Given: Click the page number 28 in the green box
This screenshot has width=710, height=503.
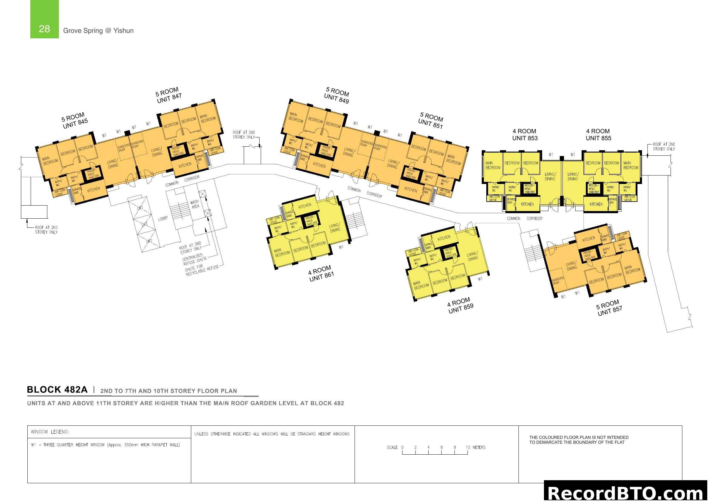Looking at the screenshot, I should point(44,29).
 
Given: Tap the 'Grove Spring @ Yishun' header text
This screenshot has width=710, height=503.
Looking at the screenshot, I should point(98,31).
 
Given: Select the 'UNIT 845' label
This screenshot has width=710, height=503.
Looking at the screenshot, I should point(76,123).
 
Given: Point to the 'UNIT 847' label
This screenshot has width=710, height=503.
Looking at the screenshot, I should point(169,99).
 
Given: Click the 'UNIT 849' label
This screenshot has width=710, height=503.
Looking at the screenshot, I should point(336,99).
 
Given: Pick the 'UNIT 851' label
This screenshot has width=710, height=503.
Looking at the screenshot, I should point(430,123).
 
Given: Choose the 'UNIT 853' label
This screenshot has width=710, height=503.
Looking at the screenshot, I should point(525,138).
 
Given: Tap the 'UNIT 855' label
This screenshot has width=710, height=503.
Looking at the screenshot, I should point(598,138).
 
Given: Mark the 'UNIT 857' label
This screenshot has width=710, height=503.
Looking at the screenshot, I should point(610,311).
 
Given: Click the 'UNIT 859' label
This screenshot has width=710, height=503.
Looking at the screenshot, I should point(461,308).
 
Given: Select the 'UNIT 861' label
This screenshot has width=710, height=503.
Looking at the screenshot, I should point(321,276).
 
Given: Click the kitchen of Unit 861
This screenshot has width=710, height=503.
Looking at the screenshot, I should point(304,206).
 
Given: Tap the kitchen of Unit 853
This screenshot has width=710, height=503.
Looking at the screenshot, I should point(527,204).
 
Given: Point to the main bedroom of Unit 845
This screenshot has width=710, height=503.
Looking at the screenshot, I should point(50,161).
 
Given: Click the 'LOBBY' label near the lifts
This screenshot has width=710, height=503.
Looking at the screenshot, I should point(163,219).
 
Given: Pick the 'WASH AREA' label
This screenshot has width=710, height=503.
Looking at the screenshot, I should point(195,204).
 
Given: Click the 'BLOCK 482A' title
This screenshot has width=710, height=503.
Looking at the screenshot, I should point(57,390).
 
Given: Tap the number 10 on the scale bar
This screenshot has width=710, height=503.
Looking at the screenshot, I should point(467,447).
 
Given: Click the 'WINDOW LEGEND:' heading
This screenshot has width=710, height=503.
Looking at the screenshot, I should point(50,432).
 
